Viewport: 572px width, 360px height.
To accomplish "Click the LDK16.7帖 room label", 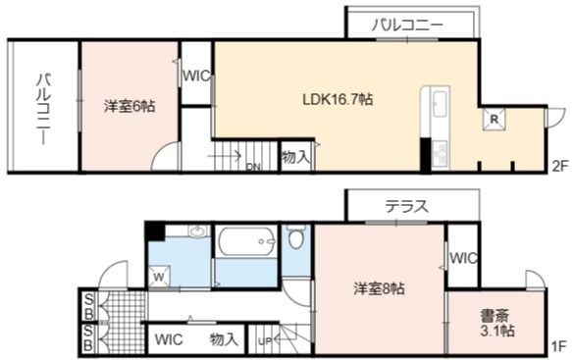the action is click(x=338, y=99).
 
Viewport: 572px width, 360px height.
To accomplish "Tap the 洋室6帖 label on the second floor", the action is click(x=130, y=106).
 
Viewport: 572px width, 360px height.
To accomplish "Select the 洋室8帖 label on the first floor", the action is click(x=379, y=288).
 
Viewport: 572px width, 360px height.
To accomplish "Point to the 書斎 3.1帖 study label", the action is click(x=496, y=323).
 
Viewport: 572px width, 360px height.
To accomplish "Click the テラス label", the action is click(x=407, y=206).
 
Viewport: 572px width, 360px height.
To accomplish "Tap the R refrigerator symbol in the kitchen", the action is click(x=494, y=119).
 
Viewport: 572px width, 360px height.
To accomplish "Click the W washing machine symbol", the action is click(x=159, y=277).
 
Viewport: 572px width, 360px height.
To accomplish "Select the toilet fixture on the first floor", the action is click(x=295, y=236).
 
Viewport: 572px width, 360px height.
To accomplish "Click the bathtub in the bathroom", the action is click(x=246, y=240).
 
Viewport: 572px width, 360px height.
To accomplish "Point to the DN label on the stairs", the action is click(x=253, y=167).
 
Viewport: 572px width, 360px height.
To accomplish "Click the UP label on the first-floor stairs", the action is click(x=265, y=341).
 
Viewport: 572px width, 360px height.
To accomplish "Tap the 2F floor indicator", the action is click(x=560, y=167).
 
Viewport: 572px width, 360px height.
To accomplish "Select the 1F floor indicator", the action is click(x=558, y=346).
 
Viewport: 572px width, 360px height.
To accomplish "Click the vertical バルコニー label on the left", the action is click(x=43, y=109).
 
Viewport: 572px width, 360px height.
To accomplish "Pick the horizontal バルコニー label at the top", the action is click(x=407, y=26).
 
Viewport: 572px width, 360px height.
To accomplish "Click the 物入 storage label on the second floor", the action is click(x=296, y=157).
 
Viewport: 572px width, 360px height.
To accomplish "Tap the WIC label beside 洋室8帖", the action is click(x=463, y=258).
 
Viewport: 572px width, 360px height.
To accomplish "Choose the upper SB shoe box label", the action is click(x=88, y=307).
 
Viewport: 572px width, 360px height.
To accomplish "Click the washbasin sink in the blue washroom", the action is click(x=197, y=231).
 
